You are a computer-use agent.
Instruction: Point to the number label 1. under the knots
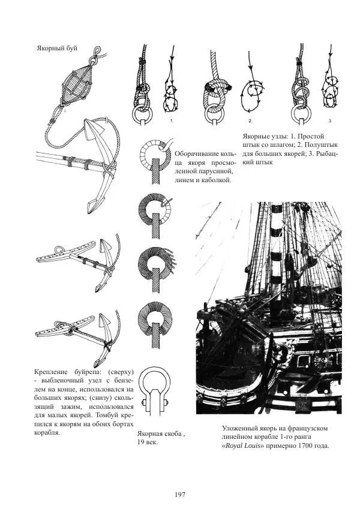point(172,120)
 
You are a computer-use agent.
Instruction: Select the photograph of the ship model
point(268,308)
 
